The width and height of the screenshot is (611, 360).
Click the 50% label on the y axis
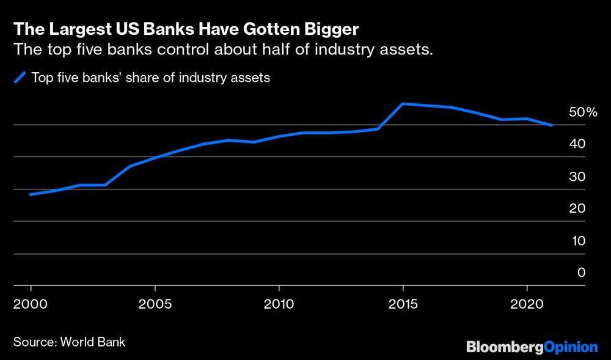tap(582, 112)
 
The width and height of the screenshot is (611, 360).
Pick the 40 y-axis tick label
tap(577, 144)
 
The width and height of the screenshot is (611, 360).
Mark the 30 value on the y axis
tap(577, 177)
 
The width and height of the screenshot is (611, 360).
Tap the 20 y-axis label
tap(577, 208)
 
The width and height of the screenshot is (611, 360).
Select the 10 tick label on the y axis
tap(577, 241)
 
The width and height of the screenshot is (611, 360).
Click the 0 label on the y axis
tap(582, 273)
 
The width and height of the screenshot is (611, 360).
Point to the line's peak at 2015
tap(403, 104)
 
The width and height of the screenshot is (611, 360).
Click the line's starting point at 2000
tap(31, 194)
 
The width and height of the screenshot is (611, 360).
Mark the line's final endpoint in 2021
tap(552, 125)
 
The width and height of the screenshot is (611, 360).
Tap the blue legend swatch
tap(20, 78)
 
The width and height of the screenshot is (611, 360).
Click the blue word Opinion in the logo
tap(571, 347)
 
